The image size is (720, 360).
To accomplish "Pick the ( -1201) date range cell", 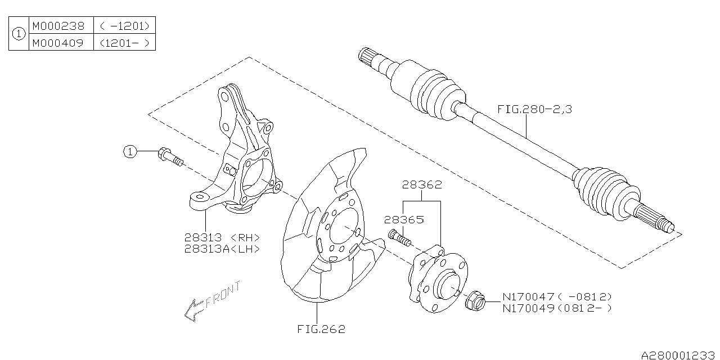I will coord(124,26).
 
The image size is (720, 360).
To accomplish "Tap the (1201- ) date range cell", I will coord(124,42).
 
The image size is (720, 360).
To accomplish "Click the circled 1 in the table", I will coord(19,34).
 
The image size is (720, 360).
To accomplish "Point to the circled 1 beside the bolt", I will coord(130,151).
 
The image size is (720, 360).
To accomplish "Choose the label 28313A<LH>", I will coord(222,249).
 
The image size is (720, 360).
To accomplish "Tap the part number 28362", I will coord(421,184).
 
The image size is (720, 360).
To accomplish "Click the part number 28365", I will coord(403,220).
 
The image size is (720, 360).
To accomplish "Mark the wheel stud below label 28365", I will coord(399,237).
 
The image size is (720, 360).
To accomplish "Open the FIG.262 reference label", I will coord(321,330).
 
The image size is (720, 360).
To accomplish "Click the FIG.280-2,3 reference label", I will coord(534,110).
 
